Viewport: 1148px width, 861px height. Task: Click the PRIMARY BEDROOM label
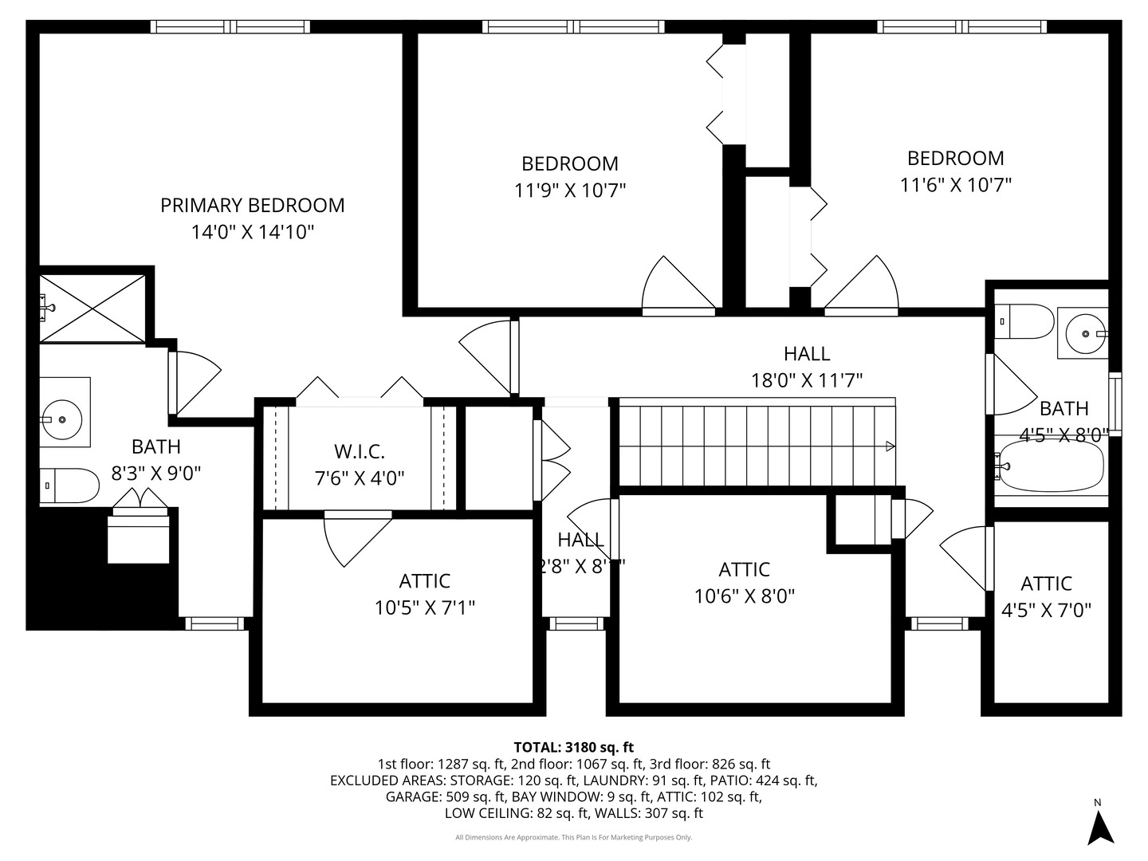(x=252, y=206)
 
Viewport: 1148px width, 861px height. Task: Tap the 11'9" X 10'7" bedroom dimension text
(x=569, y=191)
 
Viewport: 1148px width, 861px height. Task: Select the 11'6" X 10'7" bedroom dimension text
(x=955, y=185)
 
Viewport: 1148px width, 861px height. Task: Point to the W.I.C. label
(x=359, y=451)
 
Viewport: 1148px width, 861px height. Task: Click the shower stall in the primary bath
(x=92, y=309)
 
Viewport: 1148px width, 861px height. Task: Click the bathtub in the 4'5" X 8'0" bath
(x=1052, y=466)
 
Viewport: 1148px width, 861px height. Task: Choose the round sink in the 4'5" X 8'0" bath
(x=1084, y=334)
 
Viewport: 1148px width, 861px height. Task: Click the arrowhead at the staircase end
(x=890, y=446)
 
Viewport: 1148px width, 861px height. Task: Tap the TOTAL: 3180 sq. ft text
(x=573, y=747)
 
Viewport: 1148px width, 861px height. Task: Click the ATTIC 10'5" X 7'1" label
(x=424, y=594)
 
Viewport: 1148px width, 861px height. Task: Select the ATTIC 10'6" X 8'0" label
(x=744, y=583)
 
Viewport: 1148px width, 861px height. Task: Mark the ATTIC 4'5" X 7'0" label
(x=1046, y=596)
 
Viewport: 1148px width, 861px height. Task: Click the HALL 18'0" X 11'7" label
(x=806, y=367)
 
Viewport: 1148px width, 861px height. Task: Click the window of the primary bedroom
(x=231, y=26)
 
